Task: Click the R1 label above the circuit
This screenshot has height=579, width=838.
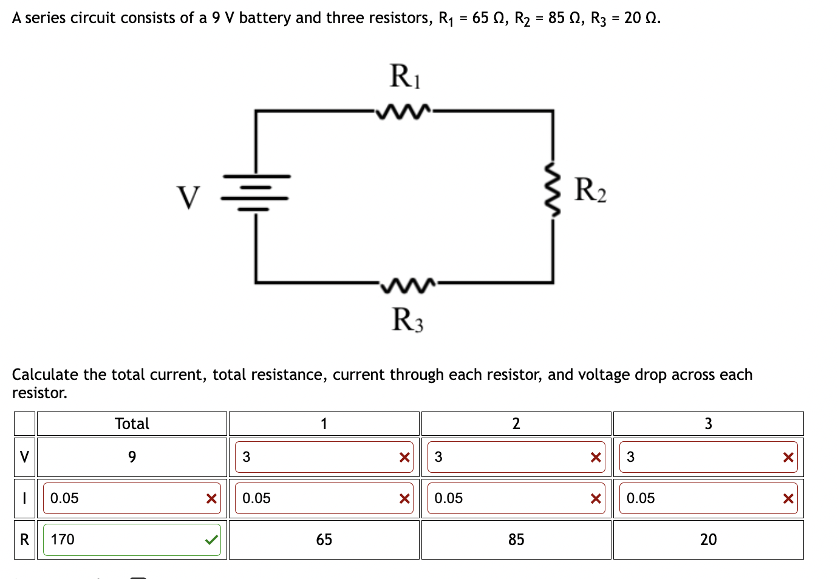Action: point(404,76)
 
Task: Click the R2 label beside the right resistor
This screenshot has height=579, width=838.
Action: point(590,190)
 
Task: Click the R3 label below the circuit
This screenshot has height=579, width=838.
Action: point(407,320)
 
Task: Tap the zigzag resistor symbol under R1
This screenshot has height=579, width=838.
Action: point(404,112)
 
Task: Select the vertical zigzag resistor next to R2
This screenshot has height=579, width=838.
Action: point(553,189)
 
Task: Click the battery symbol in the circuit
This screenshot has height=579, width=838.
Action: point(256,192)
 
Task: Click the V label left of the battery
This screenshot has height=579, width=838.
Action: point(188,197)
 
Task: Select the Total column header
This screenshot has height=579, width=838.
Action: point(132,424)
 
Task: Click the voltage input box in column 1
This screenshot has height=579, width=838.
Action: point(316,457)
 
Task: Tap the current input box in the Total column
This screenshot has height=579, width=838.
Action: point(124,498)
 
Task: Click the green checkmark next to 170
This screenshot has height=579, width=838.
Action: point(211,540)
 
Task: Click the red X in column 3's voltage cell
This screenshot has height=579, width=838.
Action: point(788,458)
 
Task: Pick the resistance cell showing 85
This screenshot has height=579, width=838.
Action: point(516,540)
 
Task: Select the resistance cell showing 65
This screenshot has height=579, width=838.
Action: point(324,540)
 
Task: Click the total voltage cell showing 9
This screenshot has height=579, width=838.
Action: point(132,457)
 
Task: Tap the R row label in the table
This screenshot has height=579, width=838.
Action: point(24,540)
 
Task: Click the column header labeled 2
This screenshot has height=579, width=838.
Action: point(516,424)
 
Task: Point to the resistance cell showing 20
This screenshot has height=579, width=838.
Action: point(708,540)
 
